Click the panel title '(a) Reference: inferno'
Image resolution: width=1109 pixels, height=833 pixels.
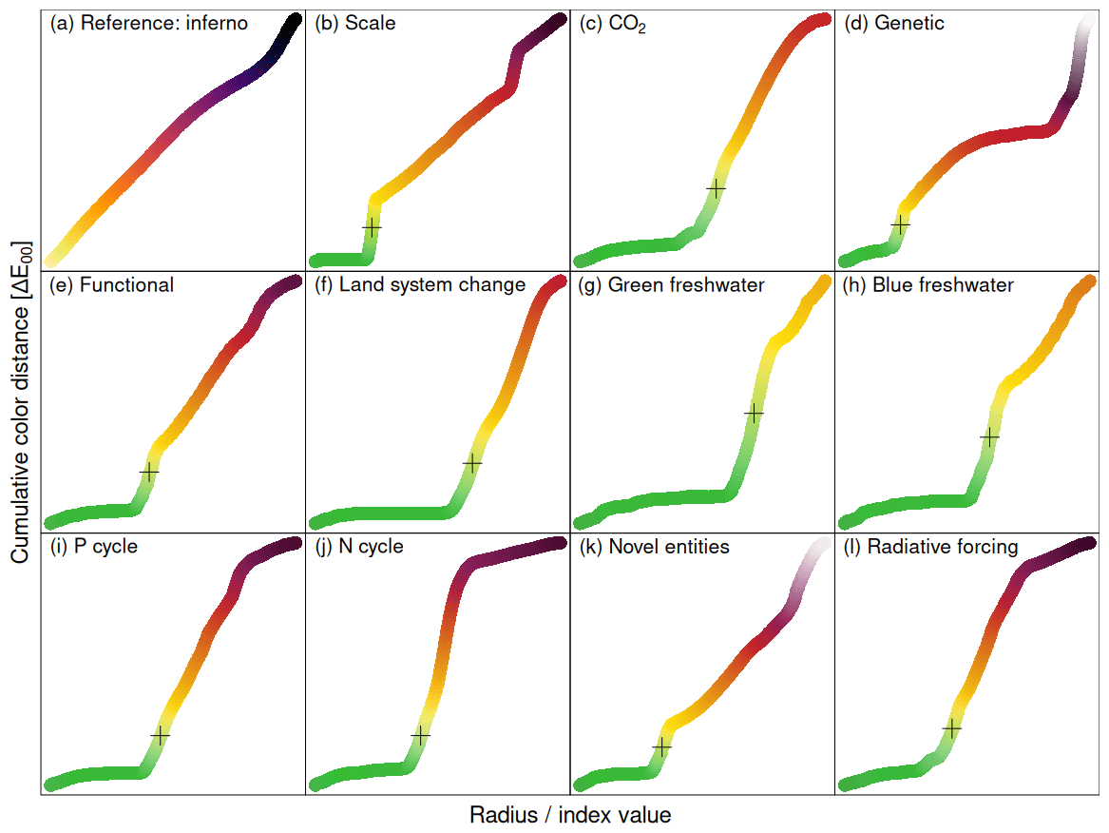coord(148,24)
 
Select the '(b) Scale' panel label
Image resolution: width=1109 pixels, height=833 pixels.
coord(354,24)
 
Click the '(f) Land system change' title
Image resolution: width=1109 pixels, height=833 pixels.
coord(419,284)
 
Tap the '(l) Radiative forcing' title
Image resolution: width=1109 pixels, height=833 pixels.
coord(930,547)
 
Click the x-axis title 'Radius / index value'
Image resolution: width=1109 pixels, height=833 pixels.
coord(570,815)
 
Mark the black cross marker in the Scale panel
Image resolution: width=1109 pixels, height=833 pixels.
coord(372,228)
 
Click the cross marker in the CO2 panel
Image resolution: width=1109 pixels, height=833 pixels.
coord(716,188)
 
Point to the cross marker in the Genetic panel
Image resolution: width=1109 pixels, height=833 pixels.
coord(900,224)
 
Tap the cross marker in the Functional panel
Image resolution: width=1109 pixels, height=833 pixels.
coord(149,471)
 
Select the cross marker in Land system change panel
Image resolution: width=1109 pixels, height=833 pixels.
coord(472,462)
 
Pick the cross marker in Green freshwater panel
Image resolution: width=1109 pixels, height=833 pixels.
coord(754,414)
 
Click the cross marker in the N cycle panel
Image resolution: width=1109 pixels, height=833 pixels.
coord(420,735)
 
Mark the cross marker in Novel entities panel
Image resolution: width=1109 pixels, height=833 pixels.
coord(661,747)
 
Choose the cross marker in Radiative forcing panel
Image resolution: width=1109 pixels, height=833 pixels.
coord(951,727)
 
